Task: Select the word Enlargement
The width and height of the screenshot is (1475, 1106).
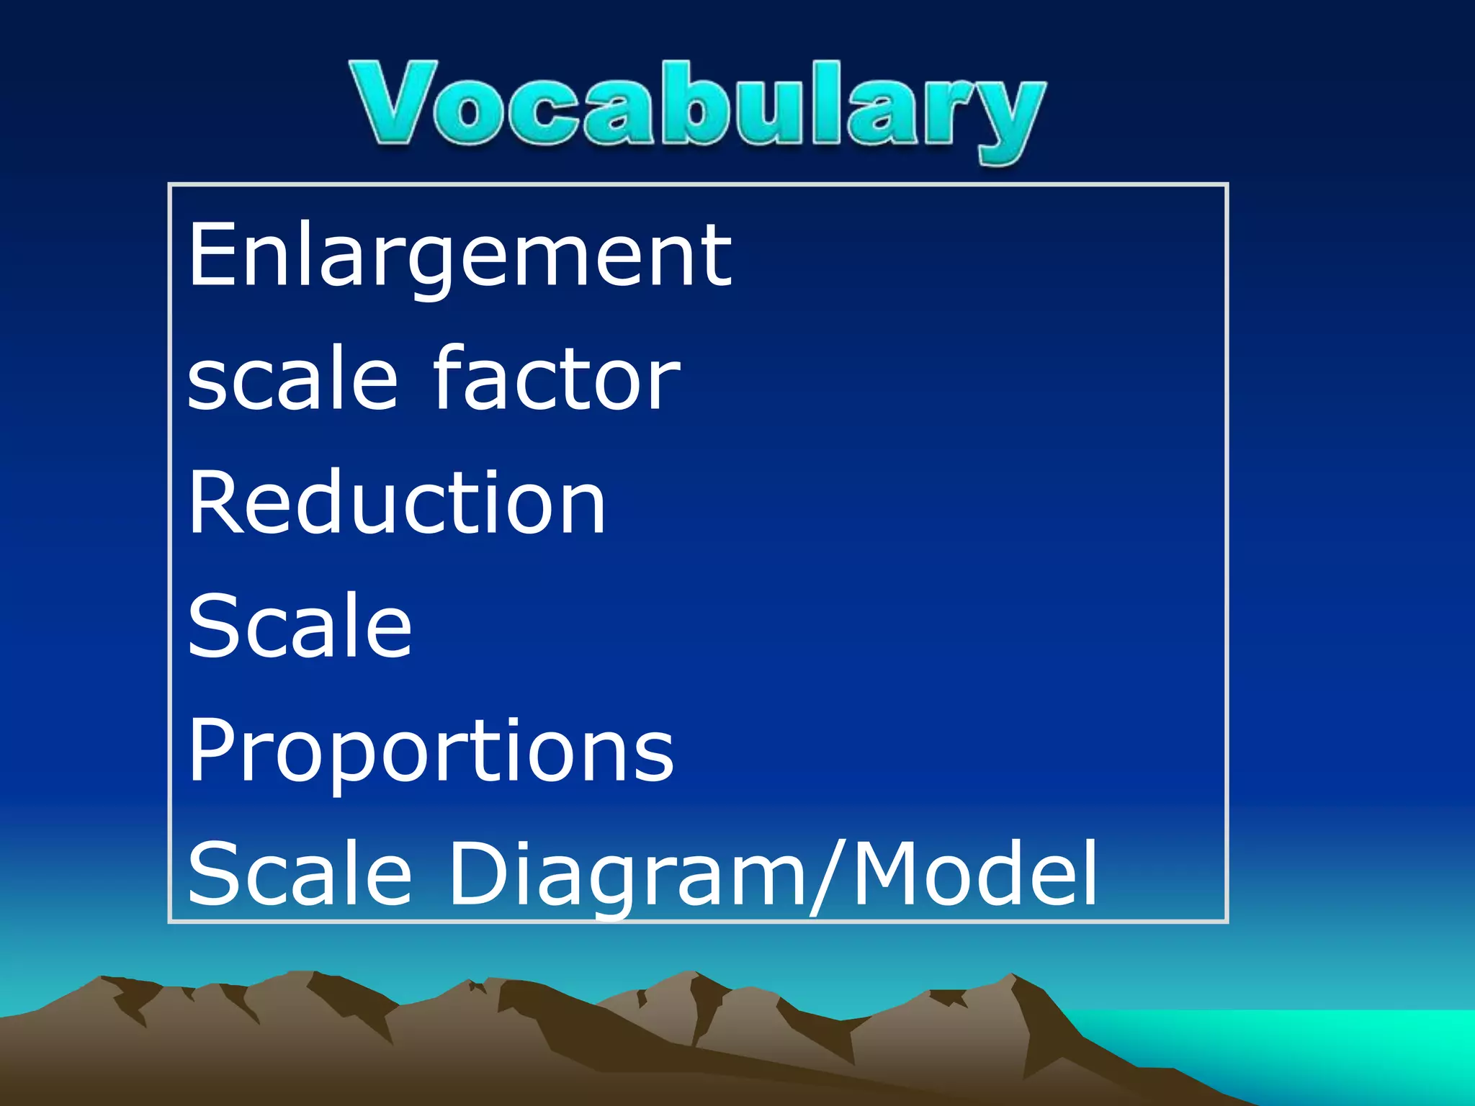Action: (459, 255)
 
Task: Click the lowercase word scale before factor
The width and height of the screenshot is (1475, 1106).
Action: (292, 380)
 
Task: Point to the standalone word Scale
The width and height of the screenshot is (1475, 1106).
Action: (299, 626)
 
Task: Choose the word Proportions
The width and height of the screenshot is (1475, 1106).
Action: (431, 753)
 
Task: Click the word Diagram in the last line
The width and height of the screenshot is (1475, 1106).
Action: (627, 876)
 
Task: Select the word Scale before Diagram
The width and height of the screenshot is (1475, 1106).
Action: (299, 874)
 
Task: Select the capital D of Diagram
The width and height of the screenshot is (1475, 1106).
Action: (478, 874)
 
